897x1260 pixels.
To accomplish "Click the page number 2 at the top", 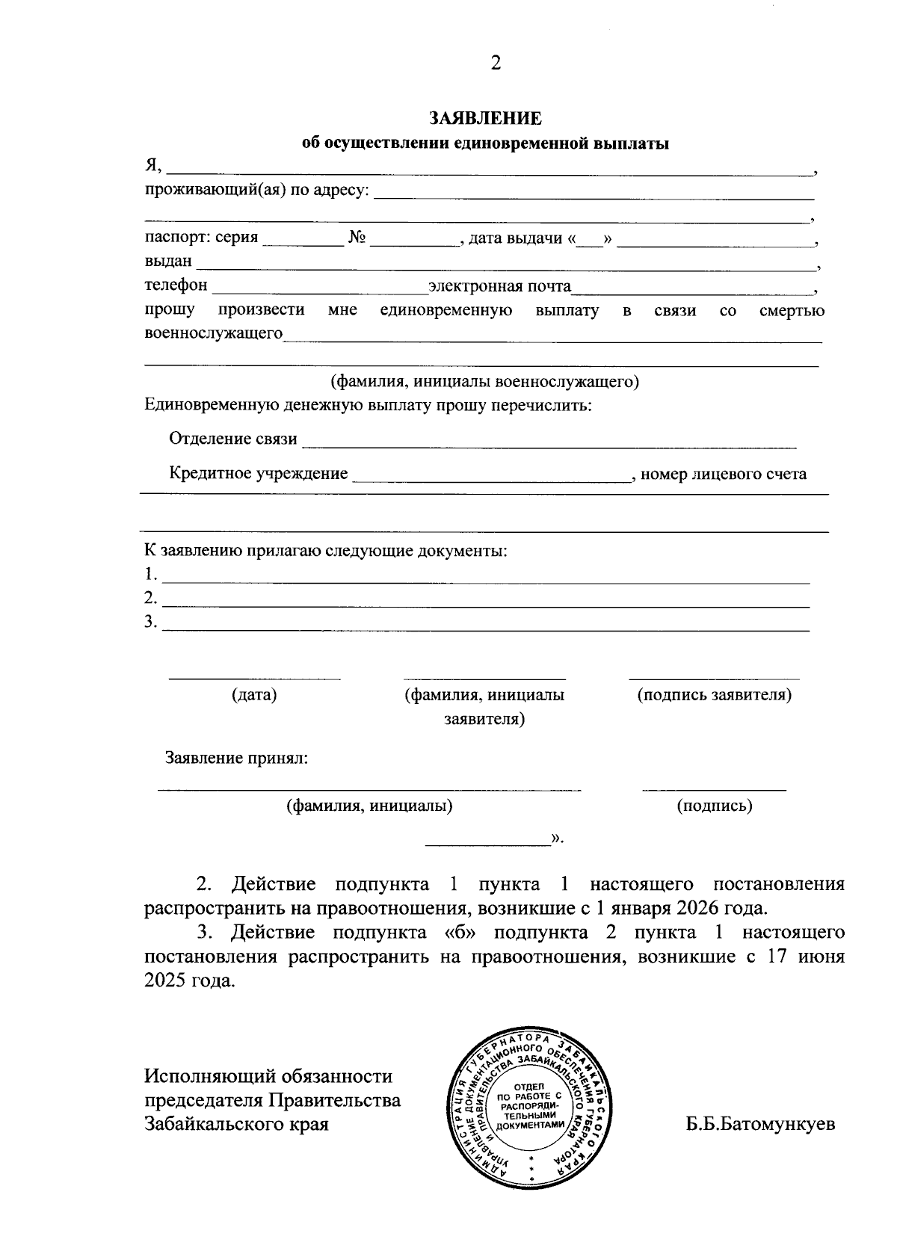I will coord(496,64).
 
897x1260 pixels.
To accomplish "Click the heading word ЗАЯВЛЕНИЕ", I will coord(484,119).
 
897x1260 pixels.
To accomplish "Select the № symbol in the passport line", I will coord(357,238).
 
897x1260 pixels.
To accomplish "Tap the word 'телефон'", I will coord(176,285).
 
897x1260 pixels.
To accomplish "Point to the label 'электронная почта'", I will coord(499,286).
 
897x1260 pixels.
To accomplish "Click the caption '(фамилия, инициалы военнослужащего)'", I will coord(485,382).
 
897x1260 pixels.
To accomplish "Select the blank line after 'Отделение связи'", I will coord(549,445).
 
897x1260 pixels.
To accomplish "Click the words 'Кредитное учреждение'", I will coord(259,474).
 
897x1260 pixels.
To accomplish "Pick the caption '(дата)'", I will coord(254,695).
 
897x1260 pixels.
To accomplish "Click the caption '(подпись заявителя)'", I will coord(714,695).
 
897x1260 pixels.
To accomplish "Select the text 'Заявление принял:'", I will coord(236,759).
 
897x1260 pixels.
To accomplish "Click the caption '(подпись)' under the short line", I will coord(714,806).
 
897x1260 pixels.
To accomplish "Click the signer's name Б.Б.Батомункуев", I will coord(760,1125).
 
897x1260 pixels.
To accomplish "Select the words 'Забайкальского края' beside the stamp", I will coord(236,1125).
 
